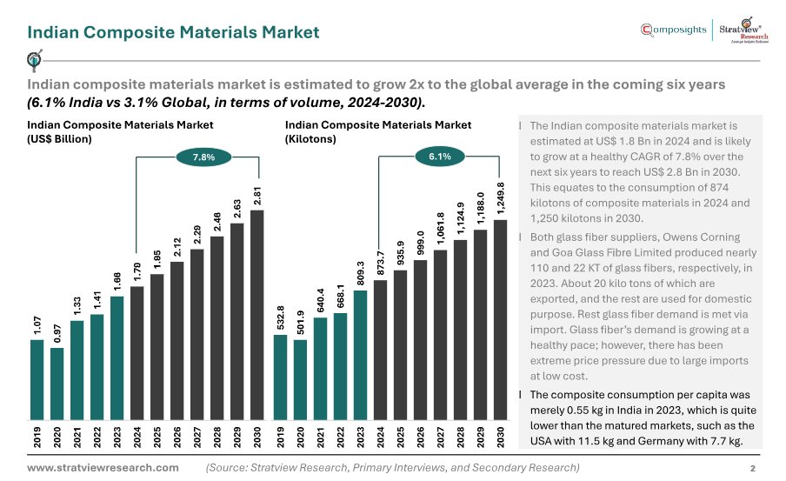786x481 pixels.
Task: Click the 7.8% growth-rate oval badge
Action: click(203, 157)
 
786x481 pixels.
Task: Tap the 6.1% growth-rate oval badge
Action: click(440, 157)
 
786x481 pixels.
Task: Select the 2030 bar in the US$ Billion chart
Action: click(257, 315)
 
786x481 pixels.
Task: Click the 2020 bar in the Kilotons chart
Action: click(300, 380)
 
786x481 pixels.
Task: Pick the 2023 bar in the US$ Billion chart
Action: click(117, 358)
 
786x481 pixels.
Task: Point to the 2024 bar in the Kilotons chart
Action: click(381, 350)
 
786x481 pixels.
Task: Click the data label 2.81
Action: click(257, 196)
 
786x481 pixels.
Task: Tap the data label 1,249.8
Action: click(500, 198)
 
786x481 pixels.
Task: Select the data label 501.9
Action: click(300, 323)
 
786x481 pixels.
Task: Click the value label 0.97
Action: click(57, 333)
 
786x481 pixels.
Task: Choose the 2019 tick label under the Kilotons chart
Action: click(280, 437)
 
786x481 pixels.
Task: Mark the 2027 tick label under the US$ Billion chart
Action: click(197, 437)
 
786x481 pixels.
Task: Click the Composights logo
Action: click(673, 30)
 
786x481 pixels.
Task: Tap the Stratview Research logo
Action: click(743, 30)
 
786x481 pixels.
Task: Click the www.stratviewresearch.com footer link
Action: click(103, 467)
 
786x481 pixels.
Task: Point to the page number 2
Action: click(752, 469)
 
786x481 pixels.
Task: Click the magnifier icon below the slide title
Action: click(35, 60)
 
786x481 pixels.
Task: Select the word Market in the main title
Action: click(290, 32)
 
